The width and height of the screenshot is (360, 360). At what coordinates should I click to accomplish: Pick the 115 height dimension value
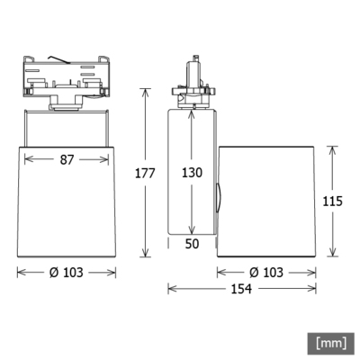pyautogui.click(x=333, y=202)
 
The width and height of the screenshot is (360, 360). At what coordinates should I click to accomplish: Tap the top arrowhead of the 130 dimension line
pyautogui.click(x=191, y=112)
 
